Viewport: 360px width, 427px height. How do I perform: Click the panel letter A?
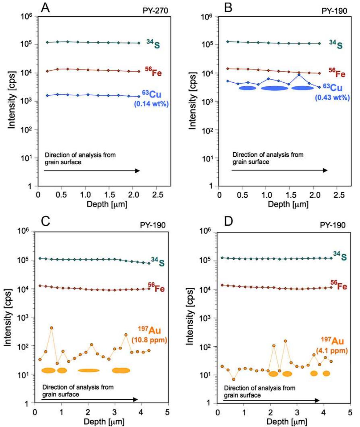point(45,8)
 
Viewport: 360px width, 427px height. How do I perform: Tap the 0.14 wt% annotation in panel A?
point(151,104)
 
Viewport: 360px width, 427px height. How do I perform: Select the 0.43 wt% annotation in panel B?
point(332,97)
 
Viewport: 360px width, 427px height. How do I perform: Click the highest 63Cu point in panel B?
point(299,75)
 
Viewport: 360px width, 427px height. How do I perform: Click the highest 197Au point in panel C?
point(51,328)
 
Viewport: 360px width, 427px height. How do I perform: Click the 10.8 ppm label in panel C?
point(149,340)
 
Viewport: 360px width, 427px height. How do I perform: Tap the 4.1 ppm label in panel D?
point(332,350)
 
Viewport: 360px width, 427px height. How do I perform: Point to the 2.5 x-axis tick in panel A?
point(158,195)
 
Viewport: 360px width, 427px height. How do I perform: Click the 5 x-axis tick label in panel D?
point(350,412)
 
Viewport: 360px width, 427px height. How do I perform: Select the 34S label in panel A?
point(153,44)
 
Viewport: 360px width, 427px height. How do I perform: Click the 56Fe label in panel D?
point(339,285)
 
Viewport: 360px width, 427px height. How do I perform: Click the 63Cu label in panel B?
point(333,87)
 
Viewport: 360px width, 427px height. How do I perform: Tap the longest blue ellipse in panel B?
point(274,88)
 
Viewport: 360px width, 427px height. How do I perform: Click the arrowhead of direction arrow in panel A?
point(138,171)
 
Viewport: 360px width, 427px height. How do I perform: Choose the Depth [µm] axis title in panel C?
point(104,421)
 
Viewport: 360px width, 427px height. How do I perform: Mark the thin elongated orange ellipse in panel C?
point(89,370)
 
